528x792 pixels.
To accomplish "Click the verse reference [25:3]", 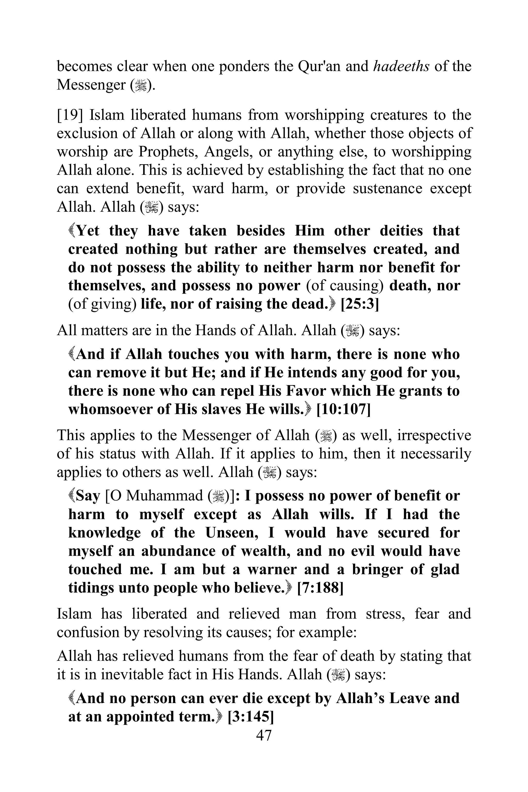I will [x=360, y=304].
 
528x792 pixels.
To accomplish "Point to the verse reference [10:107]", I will [x=343, y=409].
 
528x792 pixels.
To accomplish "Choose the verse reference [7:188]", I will [x=320, y=588].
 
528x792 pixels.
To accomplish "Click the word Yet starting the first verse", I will [x=88, y=231].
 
